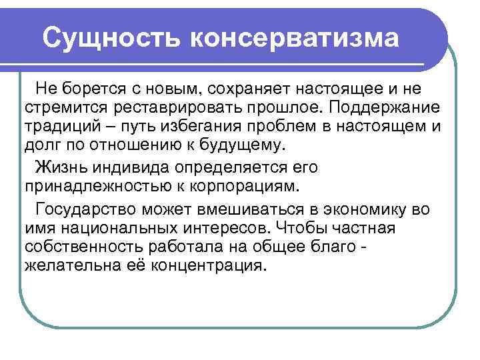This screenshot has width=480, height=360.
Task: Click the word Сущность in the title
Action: click(111, 38)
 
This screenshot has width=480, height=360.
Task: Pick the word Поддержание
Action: click(377, 108)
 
